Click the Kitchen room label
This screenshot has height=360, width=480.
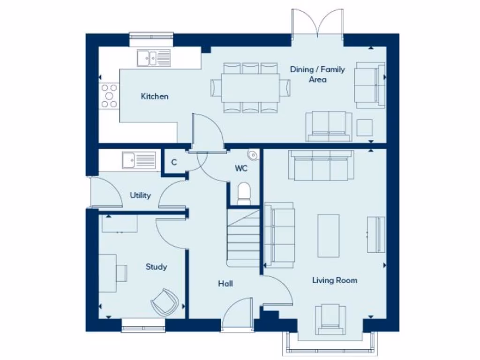[x=154, y=97]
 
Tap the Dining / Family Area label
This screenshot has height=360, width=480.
[x=317, y=75]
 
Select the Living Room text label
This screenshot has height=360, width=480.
[x=335, y=280]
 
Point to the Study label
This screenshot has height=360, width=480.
[x=156, y=267]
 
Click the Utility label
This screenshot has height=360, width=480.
[x=140, y=195]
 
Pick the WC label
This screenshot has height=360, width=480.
[x=241, y=168]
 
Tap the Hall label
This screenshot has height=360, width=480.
[x=225, y=284]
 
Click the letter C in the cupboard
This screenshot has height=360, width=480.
[x=174, y=163]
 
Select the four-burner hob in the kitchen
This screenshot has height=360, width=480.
[x=109, y=96]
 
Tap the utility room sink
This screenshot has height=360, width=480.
[x=139, y=161]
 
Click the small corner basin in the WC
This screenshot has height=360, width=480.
[x=253, y=154]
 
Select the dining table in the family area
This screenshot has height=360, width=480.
[x=250, y=88]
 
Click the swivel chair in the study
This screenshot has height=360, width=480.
[x=165, y=301]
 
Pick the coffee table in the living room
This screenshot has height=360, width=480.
[x=328, y=235]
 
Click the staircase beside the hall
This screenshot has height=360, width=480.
[x=243, y=239]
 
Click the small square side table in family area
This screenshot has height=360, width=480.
[x=364, y=127]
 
